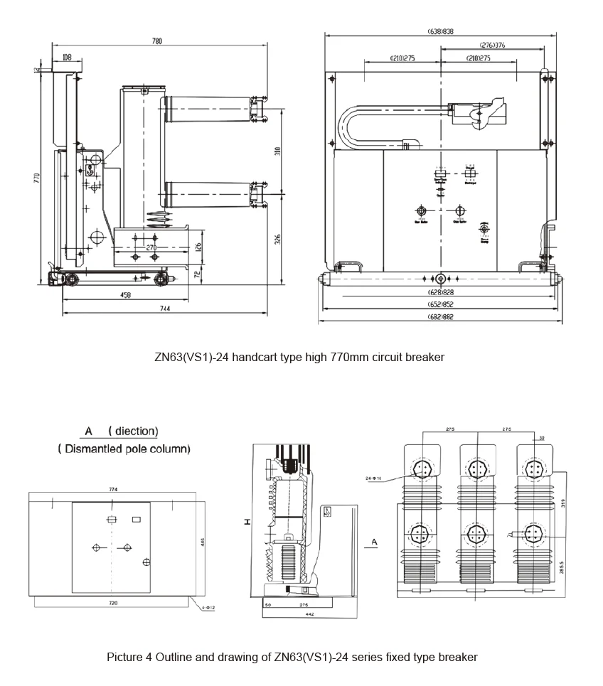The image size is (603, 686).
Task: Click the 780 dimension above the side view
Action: click(156, 41)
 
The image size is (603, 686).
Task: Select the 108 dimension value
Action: click(66, 57)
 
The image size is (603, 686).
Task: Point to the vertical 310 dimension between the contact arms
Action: click(278, 151)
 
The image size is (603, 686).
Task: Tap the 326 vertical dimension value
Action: click(278, 240)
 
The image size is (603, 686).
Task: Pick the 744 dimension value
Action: click(164, 309)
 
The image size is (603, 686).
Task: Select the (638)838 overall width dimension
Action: click(441, 31)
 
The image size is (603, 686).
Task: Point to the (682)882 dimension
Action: click(440, 317)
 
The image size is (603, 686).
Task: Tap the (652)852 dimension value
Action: click(440, 304)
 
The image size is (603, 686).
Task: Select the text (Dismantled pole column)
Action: click(124, 449)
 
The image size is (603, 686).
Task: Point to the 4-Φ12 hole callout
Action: click(208, 608)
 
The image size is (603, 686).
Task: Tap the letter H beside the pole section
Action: click(247, 522)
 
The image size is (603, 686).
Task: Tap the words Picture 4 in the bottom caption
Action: click(129, 657)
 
